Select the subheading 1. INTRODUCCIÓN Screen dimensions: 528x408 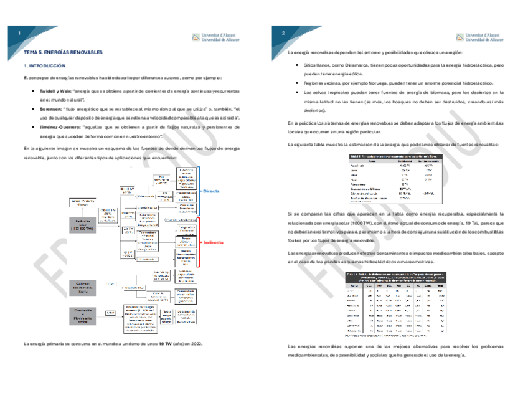tap(44, 65)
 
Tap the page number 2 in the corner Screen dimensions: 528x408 tap(283, 34)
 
